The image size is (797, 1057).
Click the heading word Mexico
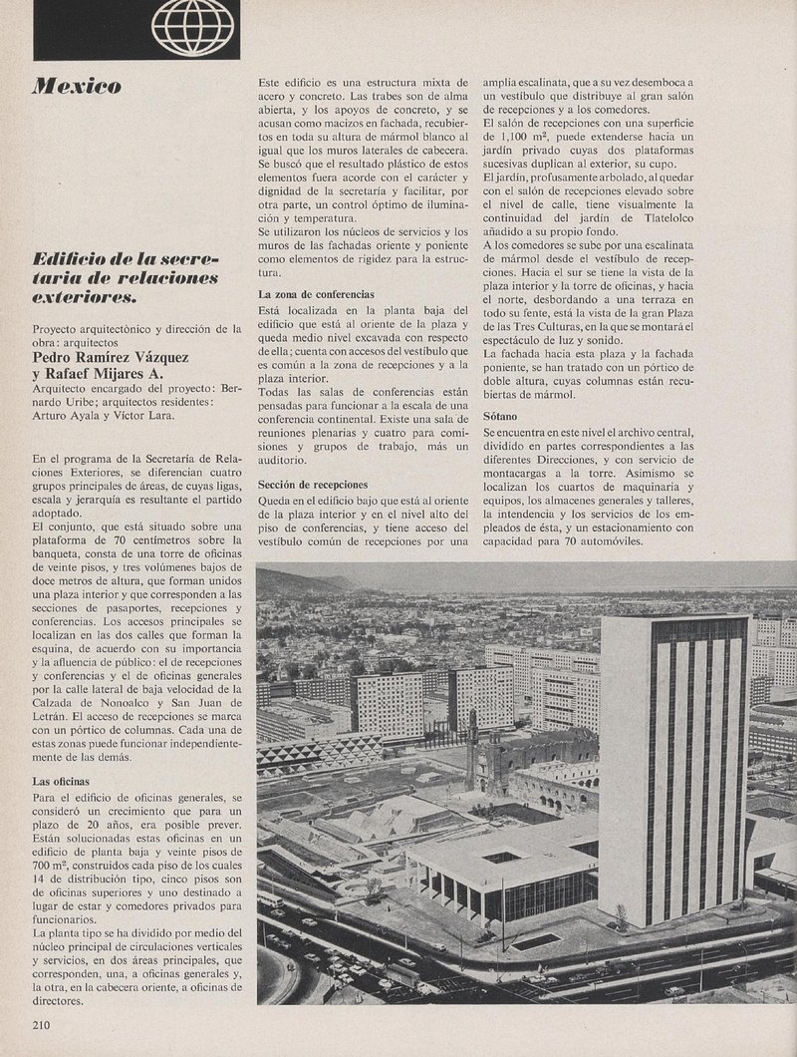tap(76, 87)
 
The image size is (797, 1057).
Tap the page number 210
tap(41, 1023)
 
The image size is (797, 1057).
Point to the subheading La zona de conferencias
tap(316, 295)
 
